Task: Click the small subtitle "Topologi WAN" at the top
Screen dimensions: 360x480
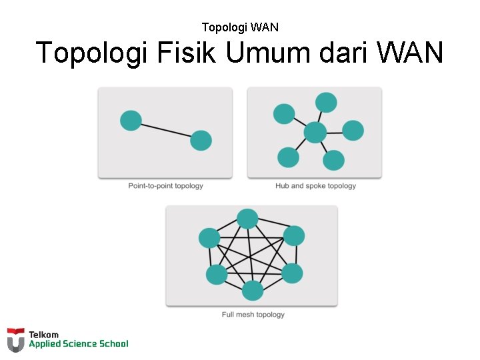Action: [240, 27]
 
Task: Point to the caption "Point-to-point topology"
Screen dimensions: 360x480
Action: [165, 186]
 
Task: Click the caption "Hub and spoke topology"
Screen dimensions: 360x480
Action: [315, 186]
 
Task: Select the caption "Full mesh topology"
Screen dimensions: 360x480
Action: [253, 315]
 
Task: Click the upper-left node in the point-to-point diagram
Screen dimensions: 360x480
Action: [131, 121]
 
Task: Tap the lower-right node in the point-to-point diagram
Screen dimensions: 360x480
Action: [201, 141]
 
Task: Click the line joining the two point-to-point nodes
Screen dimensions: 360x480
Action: [166, 131]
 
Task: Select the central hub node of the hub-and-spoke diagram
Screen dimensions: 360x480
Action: [315, 133]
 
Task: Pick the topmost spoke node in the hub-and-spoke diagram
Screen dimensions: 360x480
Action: [326, 103]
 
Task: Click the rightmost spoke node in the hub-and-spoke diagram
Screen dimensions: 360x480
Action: [353, 131]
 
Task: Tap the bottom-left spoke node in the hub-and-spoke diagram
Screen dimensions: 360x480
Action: [288, 157]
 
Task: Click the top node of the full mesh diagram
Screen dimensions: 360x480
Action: [247, 219]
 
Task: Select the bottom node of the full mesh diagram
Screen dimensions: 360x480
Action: [253, 291]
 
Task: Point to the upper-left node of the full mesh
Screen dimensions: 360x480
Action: [209, 238]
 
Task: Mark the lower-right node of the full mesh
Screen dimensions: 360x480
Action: [292, 273]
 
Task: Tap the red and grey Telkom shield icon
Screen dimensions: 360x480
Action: [16, 339]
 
